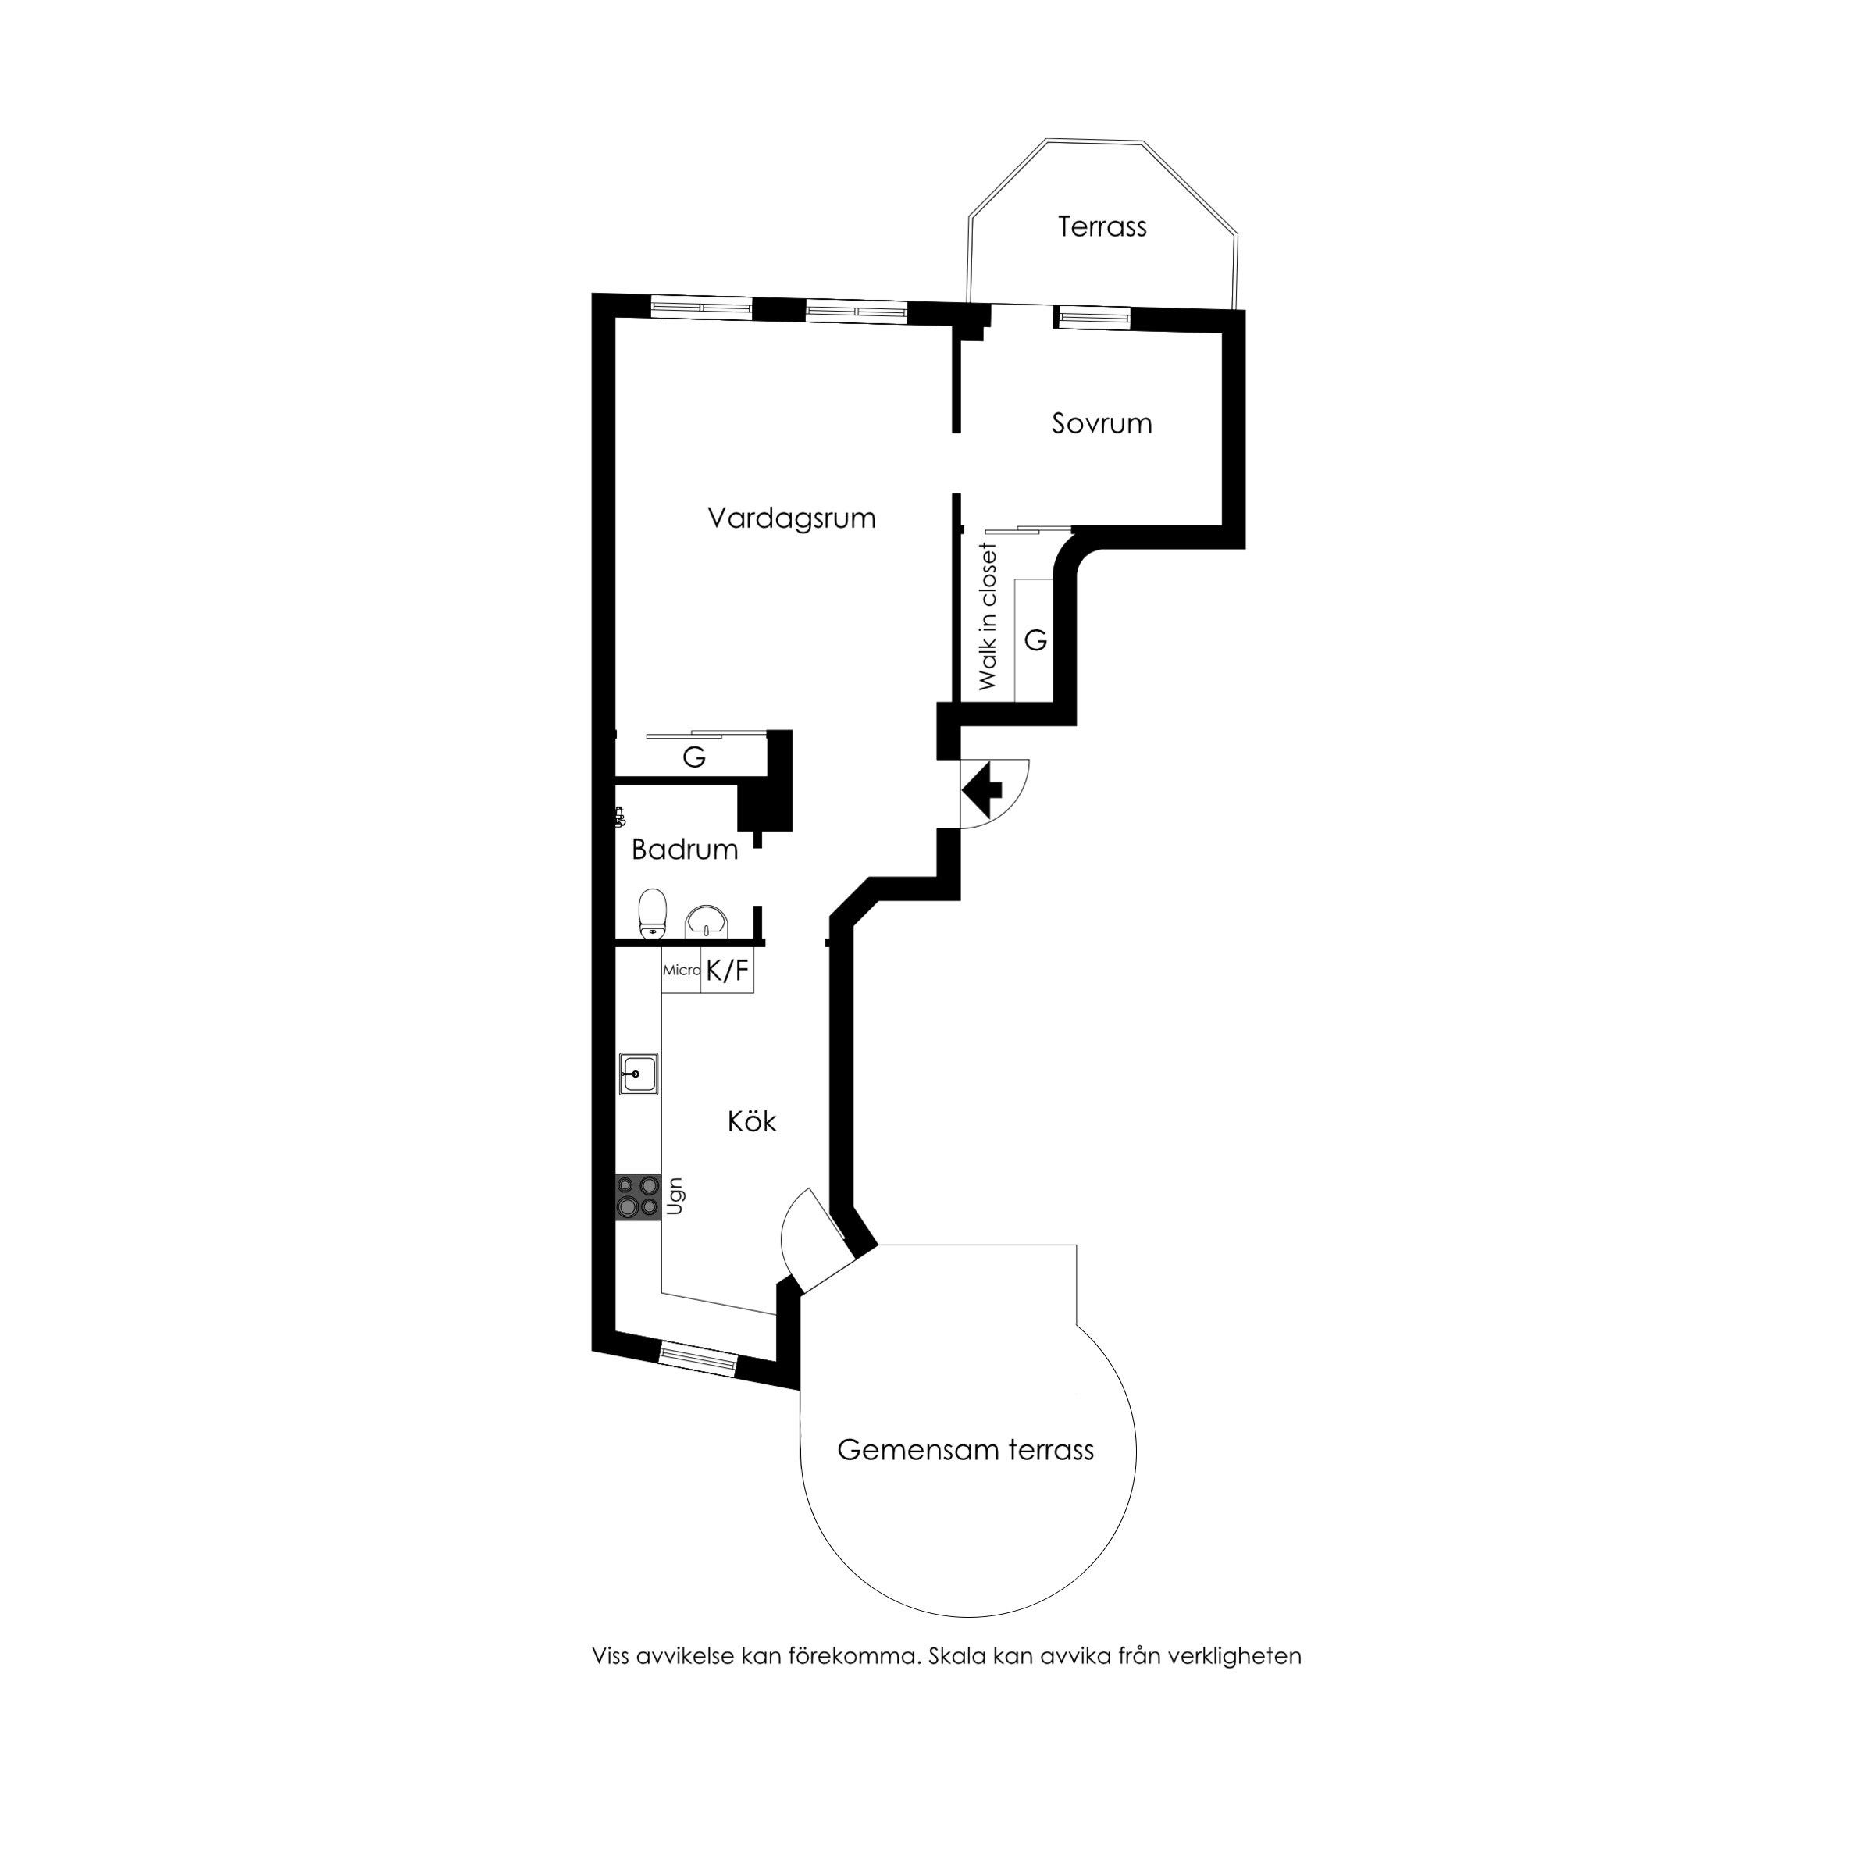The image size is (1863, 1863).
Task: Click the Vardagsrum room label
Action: tap(792, 518)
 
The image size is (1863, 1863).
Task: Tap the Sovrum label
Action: tap(1101, 423)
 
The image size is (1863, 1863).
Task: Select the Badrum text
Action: tap(684, 850)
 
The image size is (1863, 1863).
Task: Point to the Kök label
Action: tap(751, 1121)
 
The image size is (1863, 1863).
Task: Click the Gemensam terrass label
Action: tap(965, 1477)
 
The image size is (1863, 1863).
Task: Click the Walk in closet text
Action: tap(988, 617)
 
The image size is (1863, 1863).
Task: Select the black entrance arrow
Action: tap(981, 789)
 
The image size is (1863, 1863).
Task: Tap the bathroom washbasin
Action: tap(707, 923)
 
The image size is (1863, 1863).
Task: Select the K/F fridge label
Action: tap(727, 971)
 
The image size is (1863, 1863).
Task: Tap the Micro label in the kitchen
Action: tap(681, 970)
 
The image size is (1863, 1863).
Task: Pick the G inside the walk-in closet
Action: tap(1035, 640)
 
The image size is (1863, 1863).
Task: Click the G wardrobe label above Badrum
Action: tap(693, 758)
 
